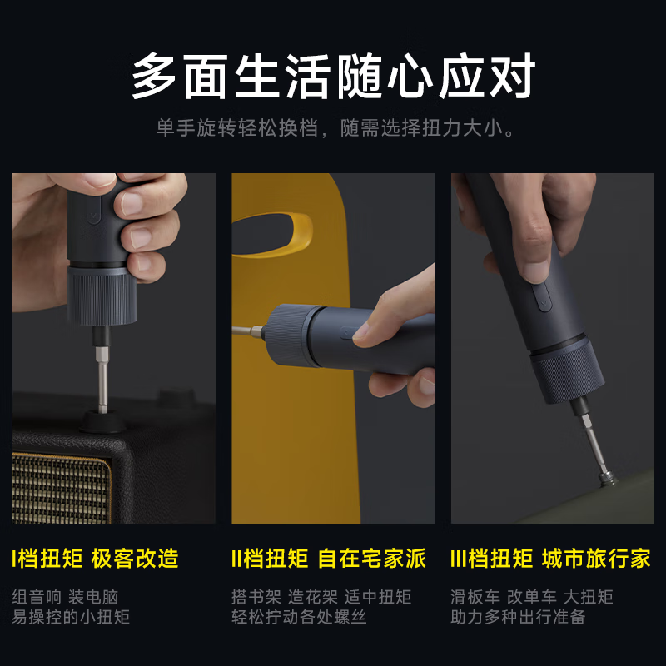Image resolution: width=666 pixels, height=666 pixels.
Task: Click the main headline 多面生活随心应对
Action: pos(333,77)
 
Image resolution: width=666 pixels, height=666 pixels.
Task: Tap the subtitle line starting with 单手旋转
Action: pos(333,130)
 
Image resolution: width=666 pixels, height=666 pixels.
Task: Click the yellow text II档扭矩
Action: pos(270,558)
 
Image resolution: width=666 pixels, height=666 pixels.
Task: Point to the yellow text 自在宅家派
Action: pos(372,558)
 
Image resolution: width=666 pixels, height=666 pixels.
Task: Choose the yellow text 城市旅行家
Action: pos(596,558)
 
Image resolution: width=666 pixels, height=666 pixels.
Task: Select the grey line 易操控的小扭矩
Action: pos(71,617)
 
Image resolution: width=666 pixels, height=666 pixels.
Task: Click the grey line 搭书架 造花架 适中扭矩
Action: pos(321,597)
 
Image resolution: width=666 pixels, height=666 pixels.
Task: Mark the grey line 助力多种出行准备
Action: pos(518,617)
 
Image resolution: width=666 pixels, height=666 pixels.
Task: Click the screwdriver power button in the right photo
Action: pos(542,296)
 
